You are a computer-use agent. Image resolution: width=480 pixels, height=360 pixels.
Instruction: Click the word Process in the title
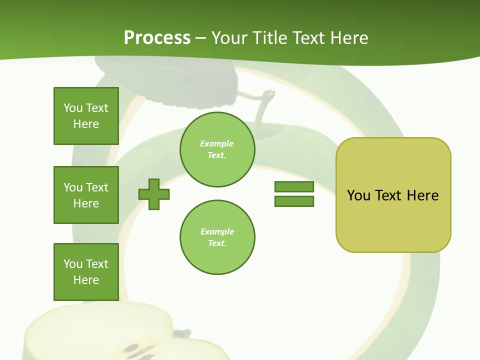click(x=157, y=38)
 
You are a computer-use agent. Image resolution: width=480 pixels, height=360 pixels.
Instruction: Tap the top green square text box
click(x=86, y=116)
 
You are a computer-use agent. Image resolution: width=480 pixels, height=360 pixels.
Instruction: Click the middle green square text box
click(x=86, y=195)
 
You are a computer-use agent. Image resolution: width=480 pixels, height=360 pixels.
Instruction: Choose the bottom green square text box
click(x=86, y=272)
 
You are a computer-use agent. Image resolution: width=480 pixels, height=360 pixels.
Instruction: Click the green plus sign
click(x=154, y=194)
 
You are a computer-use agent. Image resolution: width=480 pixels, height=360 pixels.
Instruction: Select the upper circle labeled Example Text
click(x=217, y=149)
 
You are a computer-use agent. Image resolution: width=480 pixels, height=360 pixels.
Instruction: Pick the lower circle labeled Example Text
click(x=217, y=237)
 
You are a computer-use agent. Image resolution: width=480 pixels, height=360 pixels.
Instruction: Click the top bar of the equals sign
click(x=294, y=186)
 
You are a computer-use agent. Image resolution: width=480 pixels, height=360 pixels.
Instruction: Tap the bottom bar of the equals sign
click(x=294, y=201)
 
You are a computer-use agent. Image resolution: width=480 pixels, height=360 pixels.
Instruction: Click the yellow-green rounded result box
click(x=393, y=195)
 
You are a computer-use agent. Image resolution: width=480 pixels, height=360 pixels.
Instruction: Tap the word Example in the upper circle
click(x=217, y=144)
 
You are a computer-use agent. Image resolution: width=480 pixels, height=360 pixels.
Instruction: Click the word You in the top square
click(x=73, y=108)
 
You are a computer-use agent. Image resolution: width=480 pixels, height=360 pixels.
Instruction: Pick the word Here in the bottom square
click(x=86, y=280)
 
